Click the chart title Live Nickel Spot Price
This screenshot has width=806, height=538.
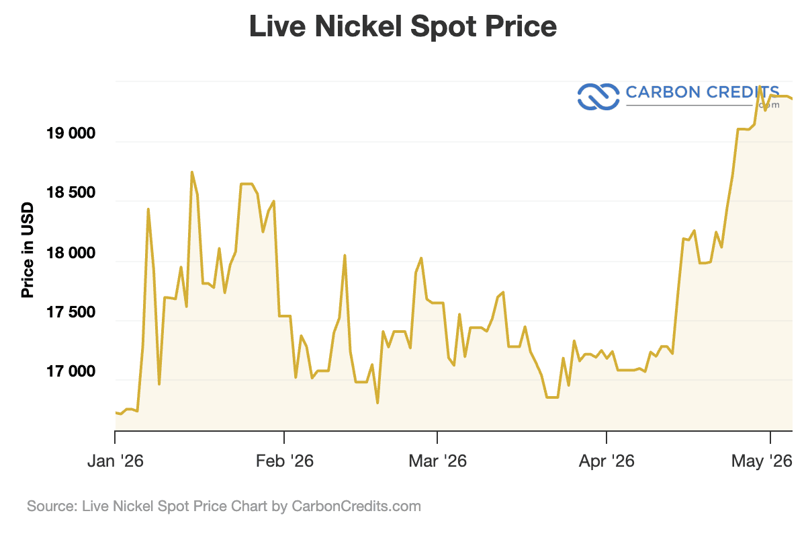tap(403, 27)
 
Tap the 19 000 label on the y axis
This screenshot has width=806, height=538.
tap(71, 133)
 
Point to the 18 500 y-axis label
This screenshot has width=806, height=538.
tap(71, 193)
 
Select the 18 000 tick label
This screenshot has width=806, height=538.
tap(71, 253)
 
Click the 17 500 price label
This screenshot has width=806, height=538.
tap(71, 312)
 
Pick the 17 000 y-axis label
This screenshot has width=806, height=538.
tap(71, 371)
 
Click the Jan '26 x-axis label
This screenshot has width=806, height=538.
tap(115, 461)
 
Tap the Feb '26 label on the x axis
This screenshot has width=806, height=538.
tap(284, 461)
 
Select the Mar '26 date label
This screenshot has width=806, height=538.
tap(437, 461)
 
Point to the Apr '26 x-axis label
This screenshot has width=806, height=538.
tap(607, 461)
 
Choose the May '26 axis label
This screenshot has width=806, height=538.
tap(762, 461)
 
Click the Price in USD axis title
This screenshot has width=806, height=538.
tap(28, 250)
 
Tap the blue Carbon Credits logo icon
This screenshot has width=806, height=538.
tap(598, 97)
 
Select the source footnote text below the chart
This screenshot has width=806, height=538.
tap(224, 506)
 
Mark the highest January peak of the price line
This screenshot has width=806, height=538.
tap(192, 172)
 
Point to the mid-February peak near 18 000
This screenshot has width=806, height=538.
tap(345, 256)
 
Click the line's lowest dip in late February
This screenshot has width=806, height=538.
tap(377, 403)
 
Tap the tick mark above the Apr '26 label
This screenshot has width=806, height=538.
tap(607, 437)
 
